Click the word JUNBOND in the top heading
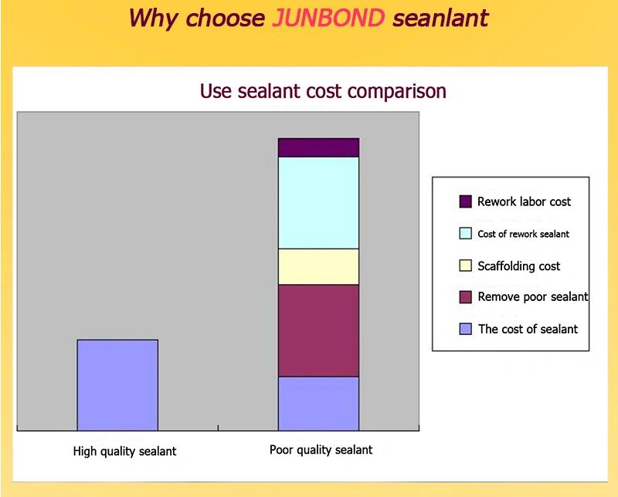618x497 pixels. point(328,16)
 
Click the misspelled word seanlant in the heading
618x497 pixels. point(440,16)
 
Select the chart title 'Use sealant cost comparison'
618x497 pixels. point(323,90)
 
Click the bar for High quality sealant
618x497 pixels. point(117,384)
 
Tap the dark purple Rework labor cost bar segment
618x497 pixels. point(318,147)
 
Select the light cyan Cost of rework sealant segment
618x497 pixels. point(318,202)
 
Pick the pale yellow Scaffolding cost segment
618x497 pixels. point(318,266)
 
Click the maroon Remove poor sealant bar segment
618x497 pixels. point(318,330)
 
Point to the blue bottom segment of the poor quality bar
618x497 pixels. point(318,403)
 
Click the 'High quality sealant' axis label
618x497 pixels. point(124,451)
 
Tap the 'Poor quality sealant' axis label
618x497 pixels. point(321,450)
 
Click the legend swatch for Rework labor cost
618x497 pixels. point(465,201)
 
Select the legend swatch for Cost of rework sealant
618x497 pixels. point(465,233)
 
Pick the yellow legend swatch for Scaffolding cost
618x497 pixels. point(465,265)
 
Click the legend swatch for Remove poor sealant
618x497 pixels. point(465,297)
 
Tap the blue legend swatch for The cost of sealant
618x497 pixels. point(465,329)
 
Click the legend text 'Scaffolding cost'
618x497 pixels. point(519,265)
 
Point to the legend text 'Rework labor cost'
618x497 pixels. point(524,201)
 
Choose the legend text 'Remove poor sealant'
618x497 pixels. point(533,297)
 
